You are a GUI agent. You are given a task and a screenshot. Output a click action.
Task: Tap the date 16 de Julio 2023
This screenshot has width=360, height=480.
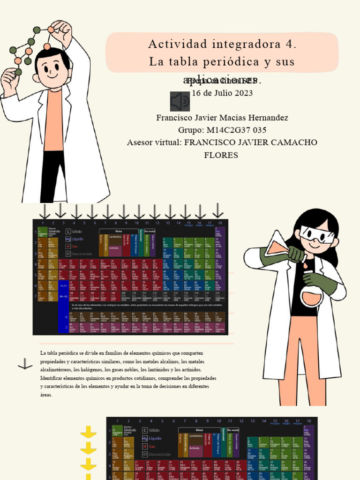(x=222, y=93)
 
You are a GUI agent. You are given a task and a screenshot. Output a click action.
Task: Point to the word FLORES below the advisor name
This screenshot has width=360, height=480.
(x=221, y=155)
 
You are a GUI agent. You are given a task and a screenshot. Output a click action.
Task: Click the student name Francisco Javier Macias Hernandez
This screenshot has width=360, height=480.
(x=222, y=118)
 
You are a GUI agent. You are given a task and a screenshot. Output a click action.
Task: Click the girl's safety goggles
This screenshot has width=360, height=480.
(x=317, y=234)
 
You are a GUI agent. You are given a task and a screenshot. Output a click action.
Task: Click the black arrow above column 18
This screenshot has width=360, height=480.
(x=218, y=210)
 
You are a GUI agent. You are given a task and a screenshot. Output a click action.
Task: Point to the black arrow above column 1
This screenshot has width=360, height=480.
(x=45, y=211)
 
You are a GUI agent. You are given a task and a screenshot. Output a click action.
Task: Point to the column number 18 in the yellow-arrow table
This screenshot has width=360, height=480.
(x=308, y=421)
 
